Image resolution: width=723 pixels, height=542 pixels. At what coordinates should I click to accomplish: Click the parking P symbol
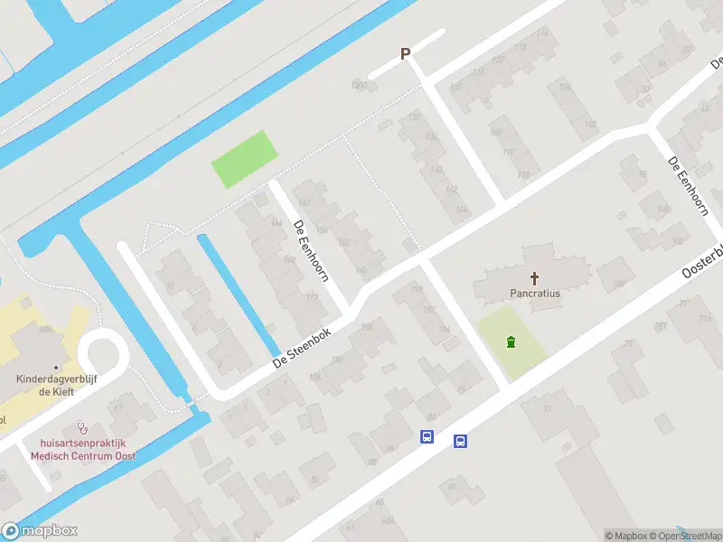point(406,54)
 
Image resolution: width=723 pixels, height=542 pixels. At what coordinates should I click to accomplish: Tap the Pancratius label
point(535,293)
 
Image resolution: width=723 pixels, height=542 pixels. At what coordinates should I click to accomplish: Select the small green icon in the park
point(512,342)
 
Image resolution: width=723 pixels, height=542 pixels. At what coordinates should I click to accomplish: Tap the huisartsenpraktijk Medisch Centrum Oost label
point(82,450)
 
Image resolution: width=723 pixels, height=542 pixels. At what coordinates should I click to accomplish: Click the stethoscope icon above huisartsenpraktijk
point(82,425)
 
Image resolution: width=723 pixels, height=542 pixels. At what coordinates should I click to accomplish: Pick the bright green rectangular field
point(243,159)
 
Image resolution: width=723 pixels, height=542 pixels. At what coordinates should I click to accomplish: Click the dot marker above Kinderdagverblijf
point(56,368)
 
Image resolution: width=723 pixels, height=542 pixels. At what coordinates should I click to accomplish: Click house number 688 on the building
point(45,329)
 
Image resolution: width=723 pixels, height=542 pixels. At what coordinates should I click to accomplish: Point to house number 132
point(415,117)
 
